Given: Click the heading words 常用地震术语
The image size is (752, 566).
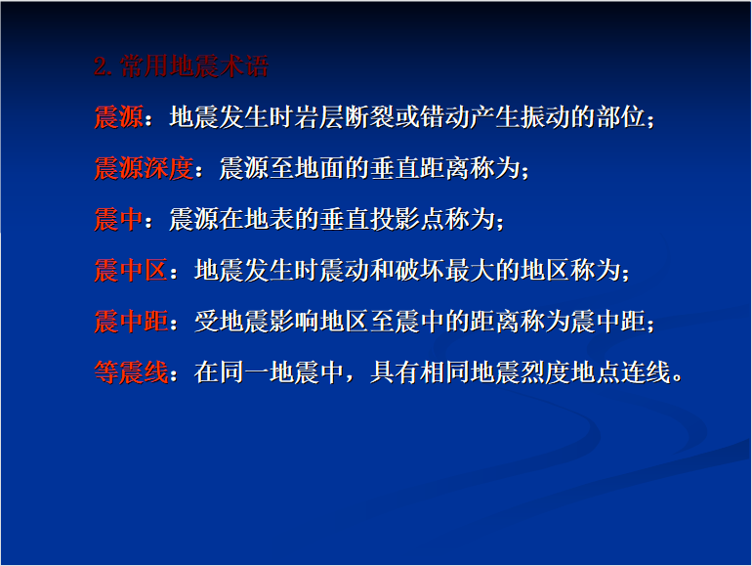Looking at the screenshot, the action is click(x=194, y=66).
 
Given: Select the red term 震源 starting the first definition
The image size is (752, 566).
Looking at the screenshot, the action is click(x=118, y=117).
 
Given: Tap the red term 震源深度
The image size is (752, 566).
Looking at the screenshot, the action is click(x=144, y=168).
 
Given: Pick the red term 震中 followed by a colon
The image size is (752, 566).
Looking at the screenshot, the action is click(x=118, y=219).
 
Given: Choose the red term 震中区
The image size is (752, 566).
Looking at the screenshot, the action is click(x=131, y=270).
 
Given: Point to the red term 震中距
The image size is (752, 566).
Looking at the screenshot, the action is click(x=131, y=322).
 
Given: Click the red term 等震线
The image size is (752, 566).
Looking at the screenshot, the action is click(x=131, y=372).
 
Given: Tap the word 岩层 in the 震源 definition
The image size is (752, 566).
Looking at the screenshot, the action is click(x=318, y=117).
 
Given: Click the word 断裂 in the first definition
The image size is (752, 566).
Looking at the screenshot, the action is click(x=368, y=117).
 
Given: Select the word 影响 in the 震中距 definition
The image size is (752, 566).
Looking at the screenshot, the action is click(x=294, y=322).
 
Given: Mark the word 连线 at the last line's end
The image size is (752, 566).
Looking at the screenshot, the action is click(x=646, y=372).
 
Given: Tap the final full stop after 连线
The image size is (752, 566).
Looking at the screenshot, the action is click(x=677, y=378).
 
